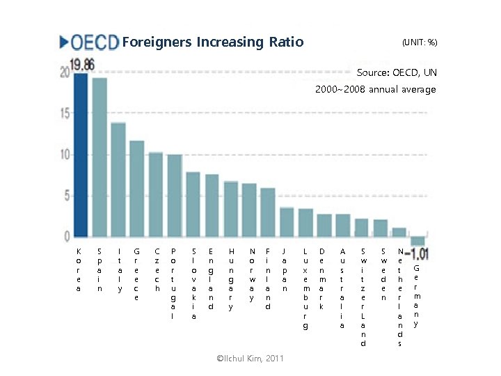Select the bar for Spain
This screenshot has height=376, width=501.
[100, 157]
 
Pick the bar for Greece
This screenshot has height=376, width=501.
[137, 189]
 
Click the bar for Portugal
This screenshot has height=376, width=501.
[175, 196]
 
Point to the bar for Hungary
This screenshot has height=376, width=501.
[231, 209]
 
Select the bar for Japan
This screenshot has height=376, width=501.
[287, 221]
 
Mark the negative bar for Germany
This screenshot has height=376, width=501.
[417, 241]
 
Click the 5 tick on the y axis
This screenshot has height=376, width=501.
[66, 196]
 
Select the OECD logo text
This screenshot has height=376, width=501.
[90, 42]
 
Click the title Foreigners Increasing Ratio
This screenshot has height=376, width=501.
[213, 42]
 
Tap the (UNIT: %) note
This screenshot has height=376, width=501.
[420, 42]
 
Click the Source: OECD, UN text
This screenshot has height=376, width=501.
[396, 72]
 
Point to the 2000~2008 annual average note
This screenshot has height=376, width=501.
[375, 89]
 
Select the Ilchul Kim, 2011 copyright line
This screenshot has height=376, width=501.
[250, 358]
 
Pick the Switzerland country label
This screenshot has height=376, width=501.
[362, 297]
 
